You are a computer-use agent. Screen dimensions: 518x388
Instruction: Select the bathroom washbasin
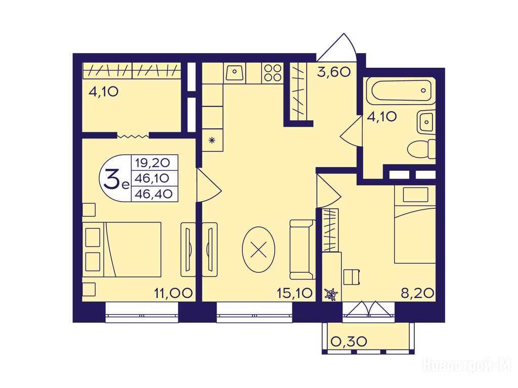coord(425,122)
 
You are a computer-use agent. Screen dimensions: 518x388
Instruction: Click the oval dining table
coord(258,250)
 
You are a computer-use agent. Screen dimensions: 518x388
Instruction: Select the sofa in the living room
coord(301,250)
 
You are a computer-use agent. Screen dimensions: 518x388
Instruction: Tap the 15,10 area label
coord(295,293)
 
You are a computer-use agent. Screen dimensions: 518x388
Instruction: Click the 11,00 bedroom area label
coord(174,293)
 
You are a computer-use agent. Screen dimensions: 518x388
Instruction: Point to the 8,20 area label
coord(417,293)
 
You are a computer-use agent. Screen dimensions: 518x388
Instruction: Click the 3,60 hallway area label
coord(334,72)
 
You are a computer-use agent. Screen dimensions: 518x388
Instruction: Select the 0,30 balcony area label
coord(349,342)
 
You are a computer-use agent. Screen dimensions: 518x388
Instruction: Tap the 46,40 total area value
coord(154,194)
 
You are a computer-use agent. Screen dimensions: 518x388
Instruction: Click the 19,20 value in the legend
coord(152,162)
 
